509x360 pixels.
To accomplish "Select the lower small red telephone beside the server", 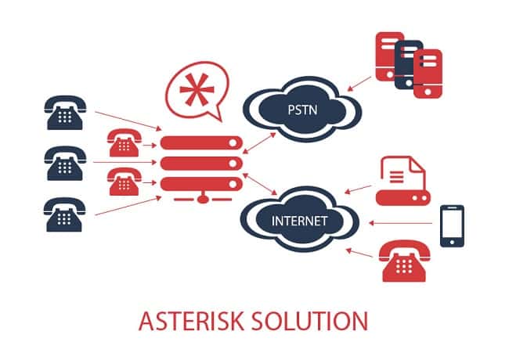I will tap(124, 182).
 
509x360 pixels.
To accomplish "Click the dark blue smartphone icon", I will tap(452, 226).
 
